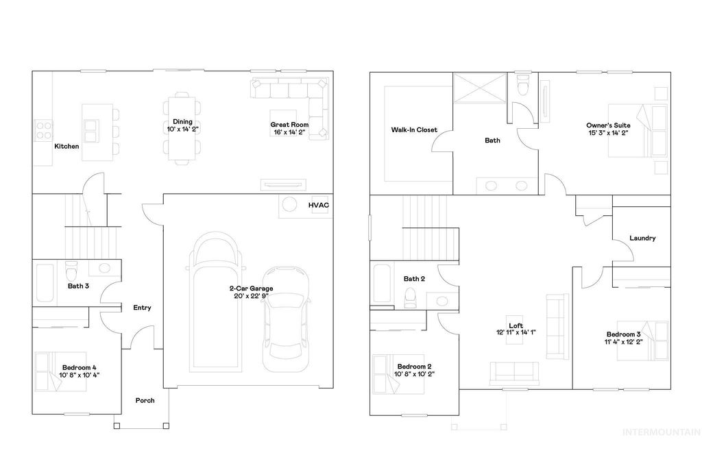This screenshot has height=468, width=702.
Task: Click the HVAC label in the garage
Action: click(x=318, y=205)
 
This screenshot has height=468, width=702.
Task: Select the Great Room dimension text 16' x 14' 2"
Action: click(x=289, y=132)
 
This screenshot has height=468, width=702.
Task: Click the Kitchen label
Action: click(x=66, y=147)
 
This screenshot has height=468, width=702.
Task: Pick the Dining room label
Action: click(x=182, y=121)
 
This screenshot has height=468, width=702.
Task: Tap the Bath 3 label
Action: click(x=78, y=286)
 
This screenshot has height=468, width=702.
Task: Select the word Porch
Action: click(x=145, y=401)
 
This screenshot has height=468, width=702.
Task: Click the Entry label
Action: click(x=142, y=308)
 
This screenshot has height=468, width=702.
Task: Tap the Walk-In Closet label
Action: click(x=414, y=130)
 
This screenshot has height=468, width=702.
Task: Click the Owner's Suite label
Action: click(x=608, y=125)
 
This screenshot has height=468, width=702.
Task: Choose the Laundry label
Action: click(x=642, y=238)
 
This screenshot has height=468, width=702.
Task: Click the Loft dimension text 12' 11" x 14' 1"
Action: click(x=516, y=332)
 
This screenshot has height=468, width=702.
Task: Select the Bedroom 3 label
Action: click(x=622, y=334)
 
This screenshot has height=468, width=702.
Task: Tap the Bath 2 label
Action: click(x=415, y=279)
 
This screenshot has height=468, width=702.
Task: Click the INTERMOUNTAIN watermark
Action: click(x=661, y=432)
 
